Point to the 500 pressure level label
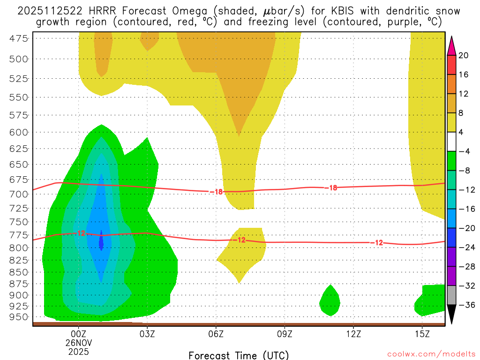tap(19, 59)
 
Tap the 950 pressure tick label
tap(19, 317)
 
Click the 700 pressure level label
tap(19, 193)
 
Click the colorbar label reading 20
tap(464, 55)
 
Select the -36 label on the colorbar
tap(466, 305)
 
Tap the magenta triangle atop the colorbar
tap(451, 46)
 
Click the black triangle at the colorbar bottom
tap(451, 314)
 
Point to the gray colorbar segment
tap(451, 295)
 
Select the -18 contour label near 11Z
tap(331, 188)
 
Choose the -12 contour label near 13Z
tap(378, 243)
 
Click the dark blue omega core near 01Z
tap(101, 240)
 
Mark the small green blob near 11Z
tap(330, 301)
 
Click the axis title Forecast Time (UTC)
tap(239, 355)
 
